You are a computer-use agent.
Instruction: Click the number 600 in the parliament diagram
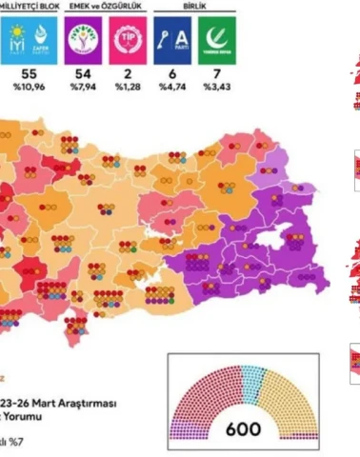coord(243,428)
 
